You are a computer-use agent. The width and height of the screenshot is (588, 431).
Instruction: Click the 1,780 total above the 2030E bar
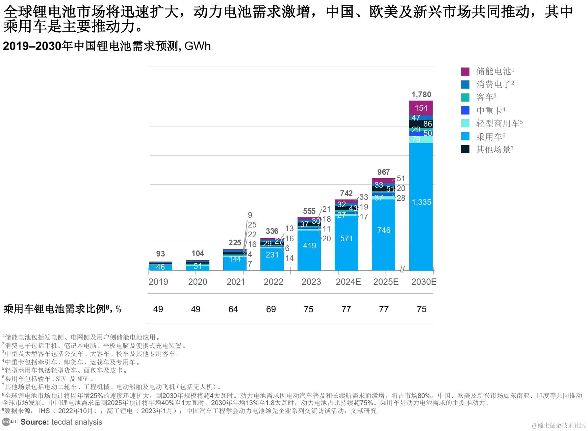pos(421,95)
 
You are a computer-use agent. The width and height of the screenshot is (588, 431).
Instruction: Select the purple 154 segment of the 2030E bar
pos(421,108)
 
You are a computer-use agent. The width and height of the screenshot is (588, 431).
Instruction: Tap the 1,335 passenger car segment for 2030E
pos(421,202)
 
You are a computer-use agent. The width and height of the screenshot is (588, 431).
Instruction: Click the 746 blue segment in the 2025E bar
pos(384,230)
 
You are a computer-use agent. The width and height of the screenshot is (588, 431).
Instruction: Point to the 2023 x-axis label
pos(311,282)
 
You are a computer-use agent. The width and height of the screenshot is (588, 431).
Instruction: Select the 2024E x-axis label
pos(348,282)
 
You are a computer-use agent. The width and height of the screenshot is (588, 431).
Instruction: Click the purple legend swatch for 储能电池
pos(465,72)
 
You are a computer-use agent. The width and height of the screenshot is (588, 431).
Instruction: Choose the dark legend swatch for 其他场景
pos(465,149)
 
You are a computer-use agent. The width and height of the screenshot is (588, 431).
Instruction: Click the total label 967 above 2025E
pos(383,172)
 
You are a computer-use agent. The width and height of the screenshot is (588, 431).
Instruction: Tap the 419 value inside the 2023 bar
pos(309,246)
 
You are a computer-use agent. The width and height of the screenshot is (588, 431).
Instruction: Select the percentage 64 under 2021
pos(233,309)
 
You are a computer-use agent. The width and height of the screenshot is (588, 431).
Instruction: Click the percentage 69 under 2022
pos(271,309)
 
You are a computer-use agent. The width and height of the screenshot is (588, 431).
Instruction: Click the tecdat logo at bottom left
pos(9,422)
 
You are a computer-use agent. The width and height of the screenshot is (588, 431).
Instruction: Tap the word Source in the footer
pos(34,422)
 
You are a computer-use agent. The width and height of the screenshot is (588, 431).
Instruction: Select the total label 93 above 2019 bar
pos(160,254)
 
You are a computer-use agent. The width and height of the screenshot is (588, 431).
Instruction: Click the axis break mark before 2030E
pos(402,269)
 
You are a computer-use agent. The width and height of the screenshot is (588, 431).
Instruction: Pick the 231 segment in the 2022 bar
pos(272,255)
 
